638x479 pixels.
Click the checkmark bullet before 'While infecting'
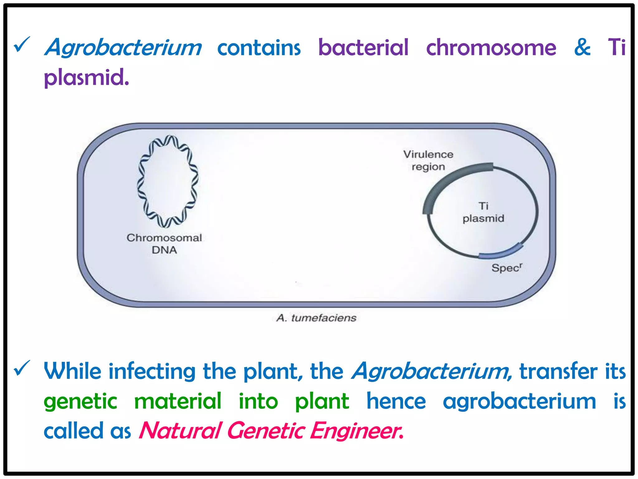(22, 368)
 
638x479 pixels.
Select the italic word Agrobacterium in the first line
(123, 48)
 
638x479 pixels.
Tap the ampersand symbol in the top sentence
(582, 47)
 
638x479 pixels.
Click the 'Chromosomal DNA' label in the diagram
(164, 244)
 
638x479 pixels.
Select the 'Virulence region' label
(428, 160)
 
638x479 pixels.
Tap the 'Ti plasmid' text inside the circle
(483, 212)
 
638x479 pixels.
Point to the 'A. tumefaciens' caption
(316, 318)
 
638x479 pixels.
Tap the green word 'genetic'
(80, 401)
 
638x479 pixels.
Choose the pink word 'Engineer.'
(356, 431)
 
